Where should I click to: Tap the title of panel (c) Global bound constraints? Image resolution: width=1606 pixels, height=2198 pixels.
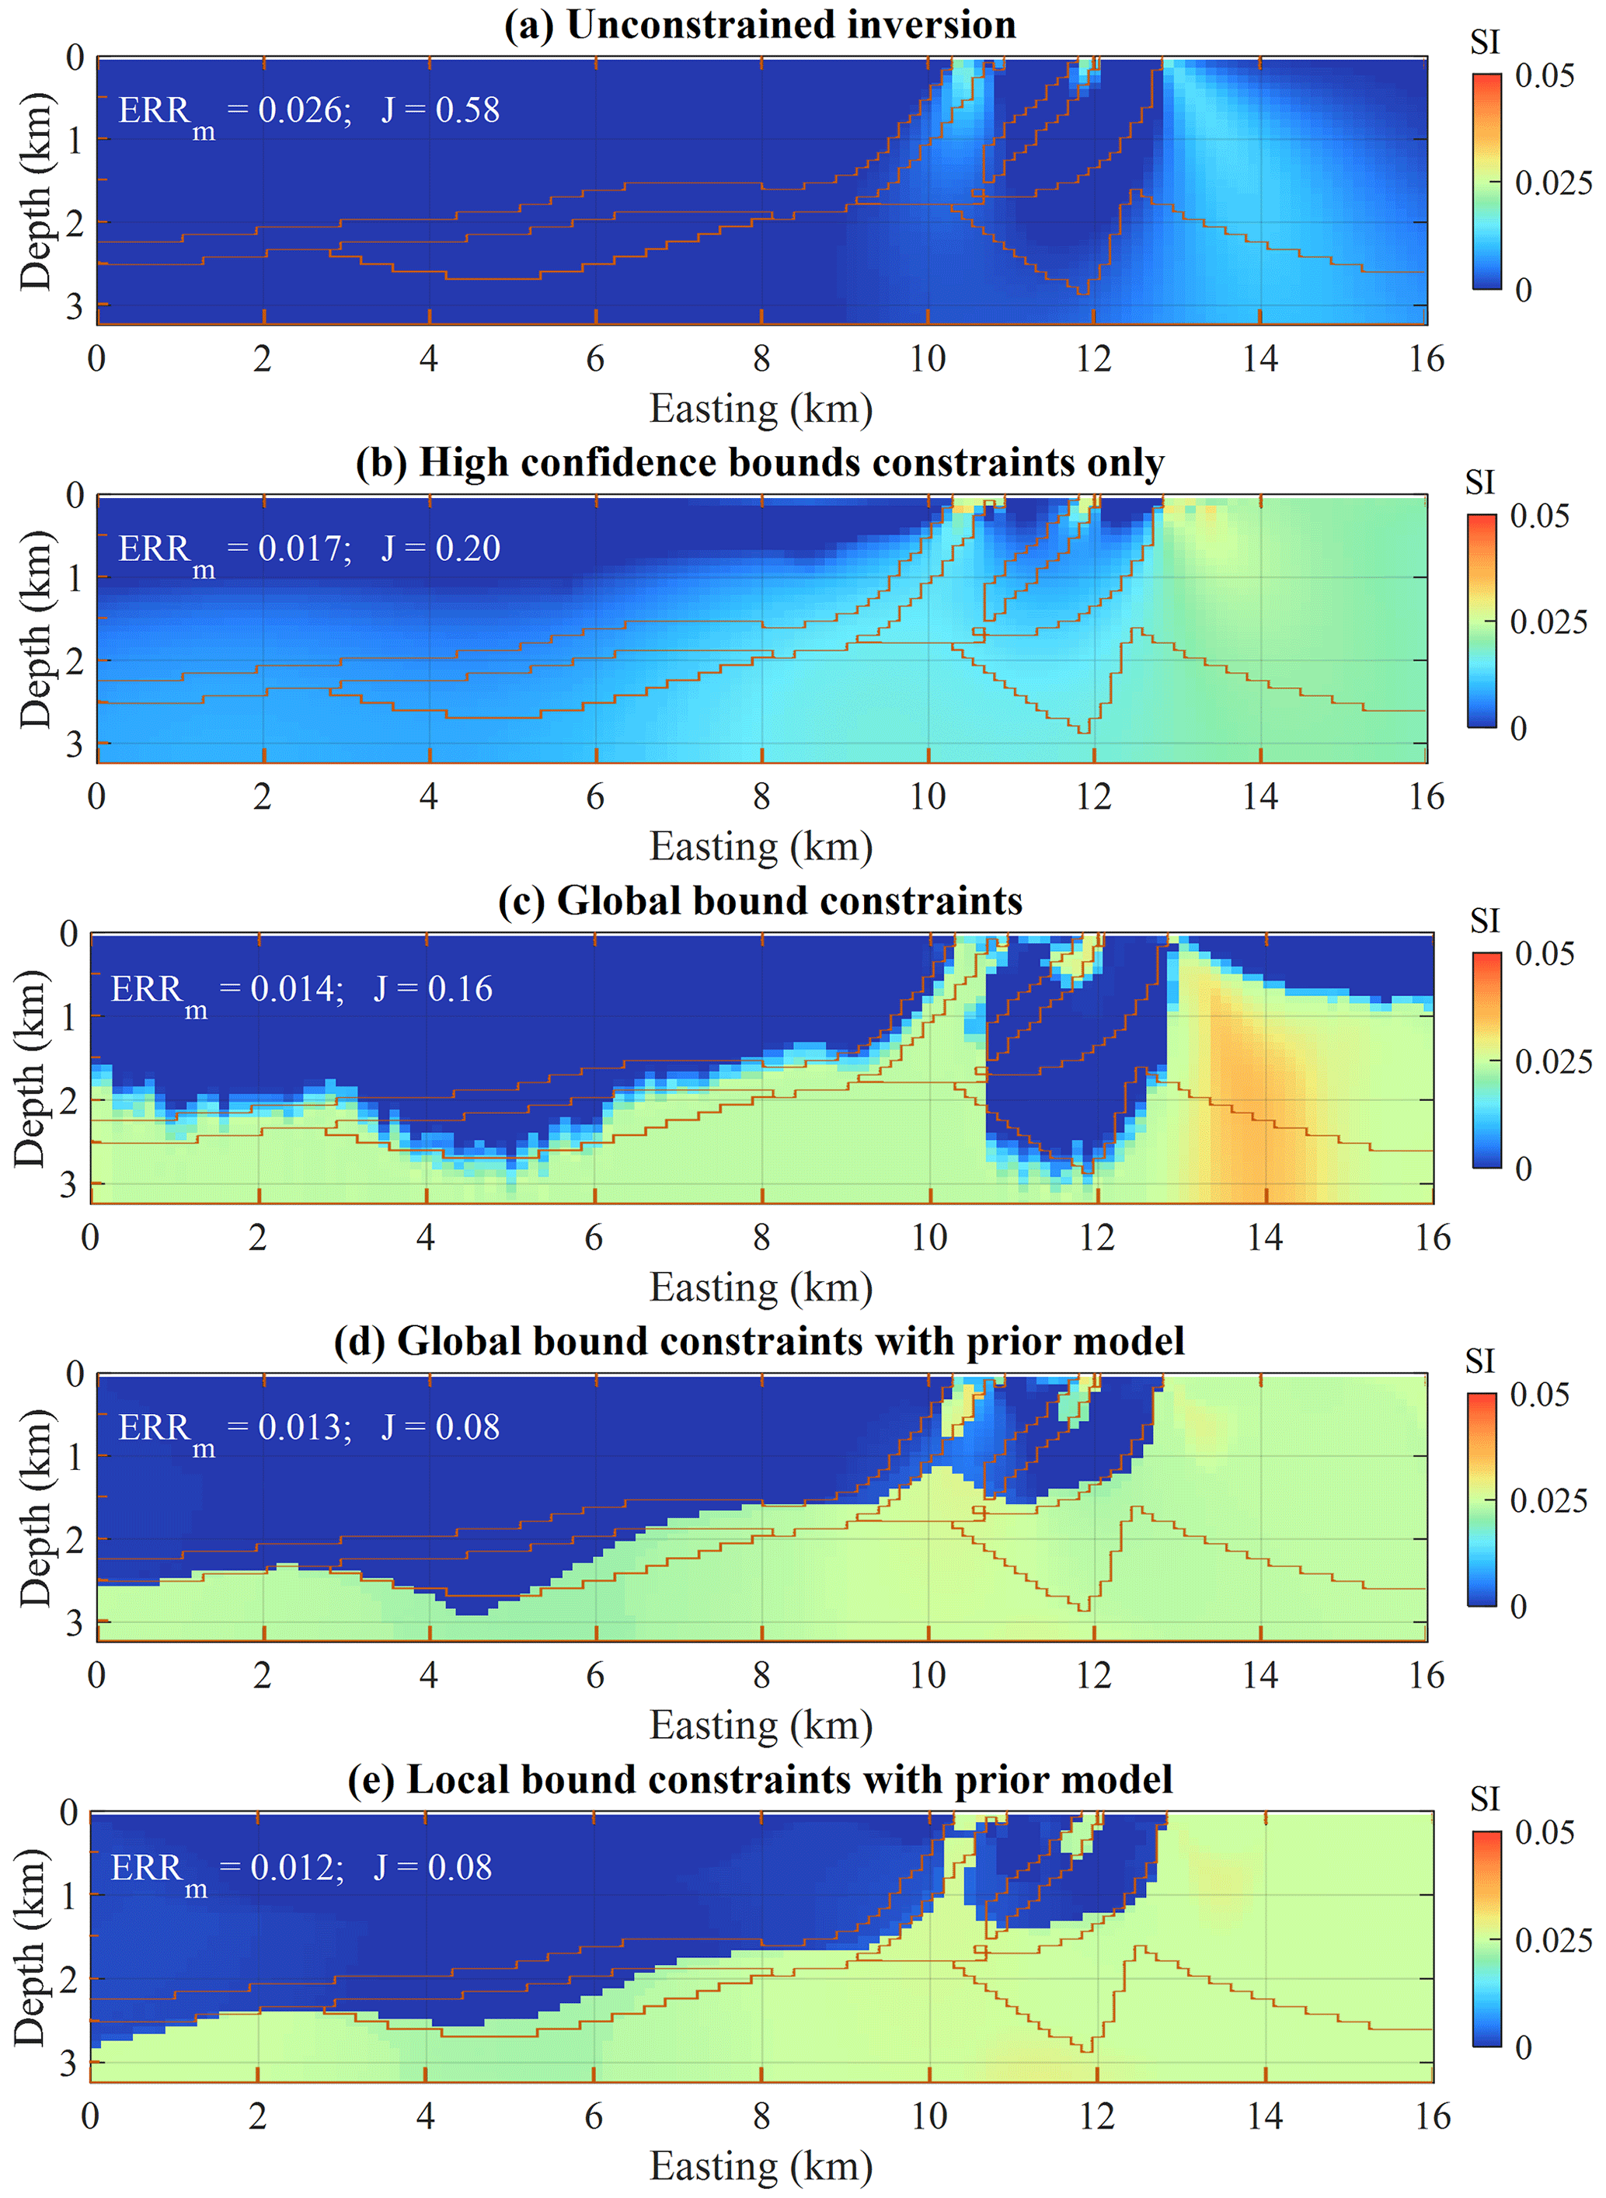click(x=759, y=900)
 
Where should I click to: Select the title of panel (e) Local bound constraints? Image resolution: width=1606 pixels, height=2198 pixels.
click(x=759, y=1779)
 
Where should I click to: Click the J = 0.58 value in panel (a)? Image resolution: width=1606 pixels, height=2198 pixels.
click(x=441, y=110)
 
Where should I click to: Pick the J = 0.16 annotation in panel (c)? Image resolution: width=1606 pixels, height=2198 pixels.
click(x=433, y=988)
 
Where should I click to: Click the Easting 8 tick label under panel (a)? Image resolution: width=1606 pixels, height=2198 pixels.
click(x=761, y=360)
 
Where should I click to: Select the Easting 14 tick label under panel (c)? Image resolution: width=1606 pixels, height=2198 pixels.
click(x=1265, y=1238)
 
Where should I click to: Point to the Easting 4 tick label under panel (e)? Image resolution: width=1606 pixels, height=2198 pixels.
click(x=425, y=2116)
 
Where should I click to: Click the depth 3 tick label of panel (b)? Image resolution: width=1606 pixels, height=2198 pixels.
click(x=75, y=744)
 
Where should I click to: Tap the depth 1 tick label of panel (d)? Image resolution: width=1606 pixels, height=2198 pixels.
click(x=75, y=1456)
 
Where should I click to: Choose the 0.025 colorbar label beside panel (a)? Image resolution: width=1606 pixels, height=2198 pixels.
click(x=1552, y=183)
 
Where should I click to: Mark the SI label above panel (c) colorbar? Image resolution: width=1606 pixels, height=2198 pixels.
click(x=1485, y=921)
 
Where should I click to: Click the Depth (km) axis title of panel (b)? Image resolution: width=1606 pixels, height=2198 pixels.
click(x=36, y=629)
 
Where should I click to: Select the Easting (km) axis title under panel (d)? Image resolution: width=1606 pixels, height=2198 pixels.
click(x=761, y=1726)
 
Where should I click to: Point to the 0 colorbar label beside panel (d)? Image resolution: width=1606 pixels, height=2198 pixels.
click(x=1518, y=1607)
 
